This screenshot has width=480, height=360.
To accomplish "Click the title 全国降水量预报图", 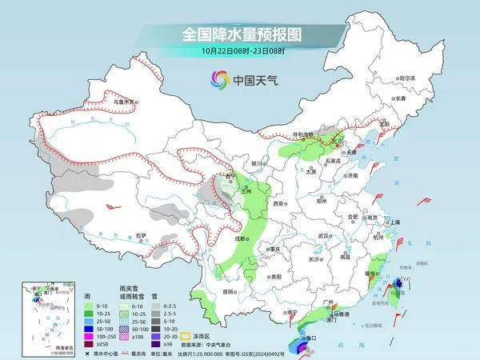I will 240,36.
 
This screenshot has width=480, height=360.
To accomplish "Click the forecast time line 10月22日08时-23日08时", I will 240,52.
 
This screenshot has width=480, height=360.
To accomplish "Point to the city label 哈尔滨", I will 408,78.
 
